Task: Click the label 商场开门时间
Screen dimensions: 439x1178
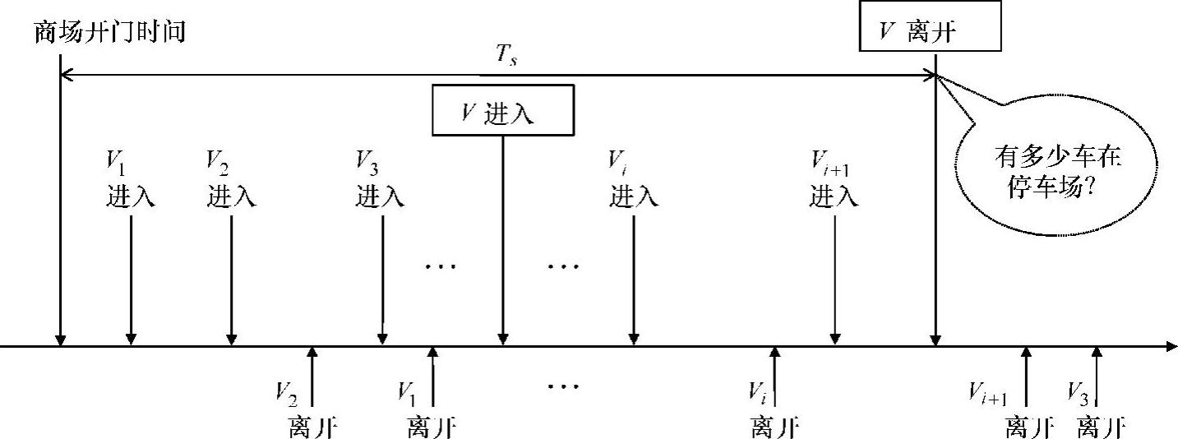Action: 111,32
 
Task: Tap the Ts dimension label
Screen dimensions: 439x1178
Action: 507,60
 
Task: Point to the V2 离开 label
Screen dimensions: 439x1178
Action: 308,409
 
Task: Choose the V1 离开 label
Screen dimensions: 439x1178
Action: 430,409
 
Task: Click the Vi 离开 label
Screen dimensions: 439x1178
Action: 774,409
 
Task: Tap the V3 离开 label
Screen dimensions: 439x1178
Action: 1096,409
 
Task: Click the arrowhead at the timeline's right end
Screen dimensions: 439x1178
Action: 1171,346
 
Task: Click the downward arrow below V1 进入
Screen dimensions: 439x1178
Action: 131,280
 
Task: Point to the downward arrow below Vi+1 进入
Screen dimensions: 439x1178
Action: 834,280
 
